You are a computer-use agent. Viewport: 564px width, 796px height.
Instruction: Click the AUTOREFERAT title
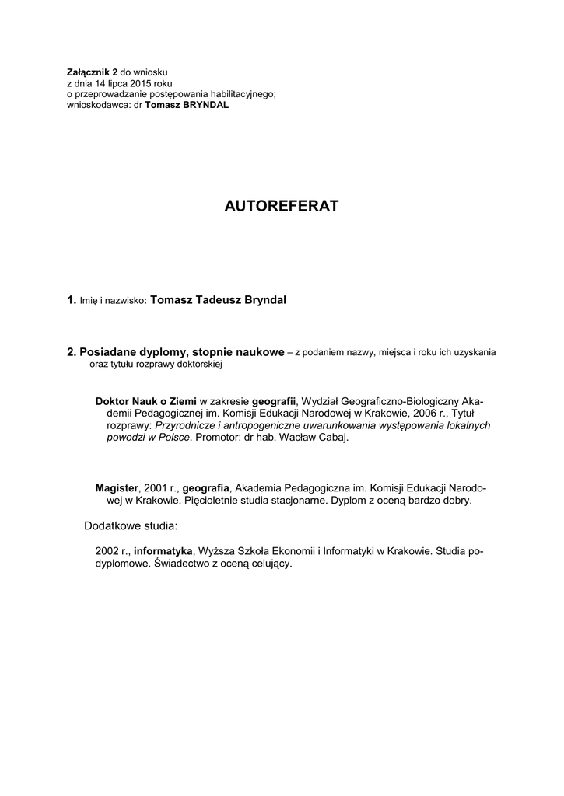pyautogui.click(x=282, y=206)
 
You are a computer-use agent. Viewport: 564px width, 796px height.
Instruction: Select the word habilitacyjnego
pyautogui.click(x=240, y=93)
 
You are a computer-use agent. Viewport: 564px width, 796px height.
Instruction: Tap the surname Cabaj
pyautogui.click(x=332, y=438)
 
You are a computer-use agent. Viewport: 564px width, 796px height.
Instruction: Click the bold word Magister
pyautogui.click(x=117, y=488)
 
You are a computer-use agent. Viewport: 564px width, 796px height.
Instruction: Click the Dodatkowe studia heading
pyautogui.click(x=131, y=526)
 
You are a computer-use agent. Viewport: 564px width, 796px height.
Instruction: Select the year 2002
pyautogui.click(x=107, y=551)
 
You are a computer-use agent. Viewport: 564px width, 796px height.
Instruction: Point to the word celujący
pyautogui.click(x=268, y=564)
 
